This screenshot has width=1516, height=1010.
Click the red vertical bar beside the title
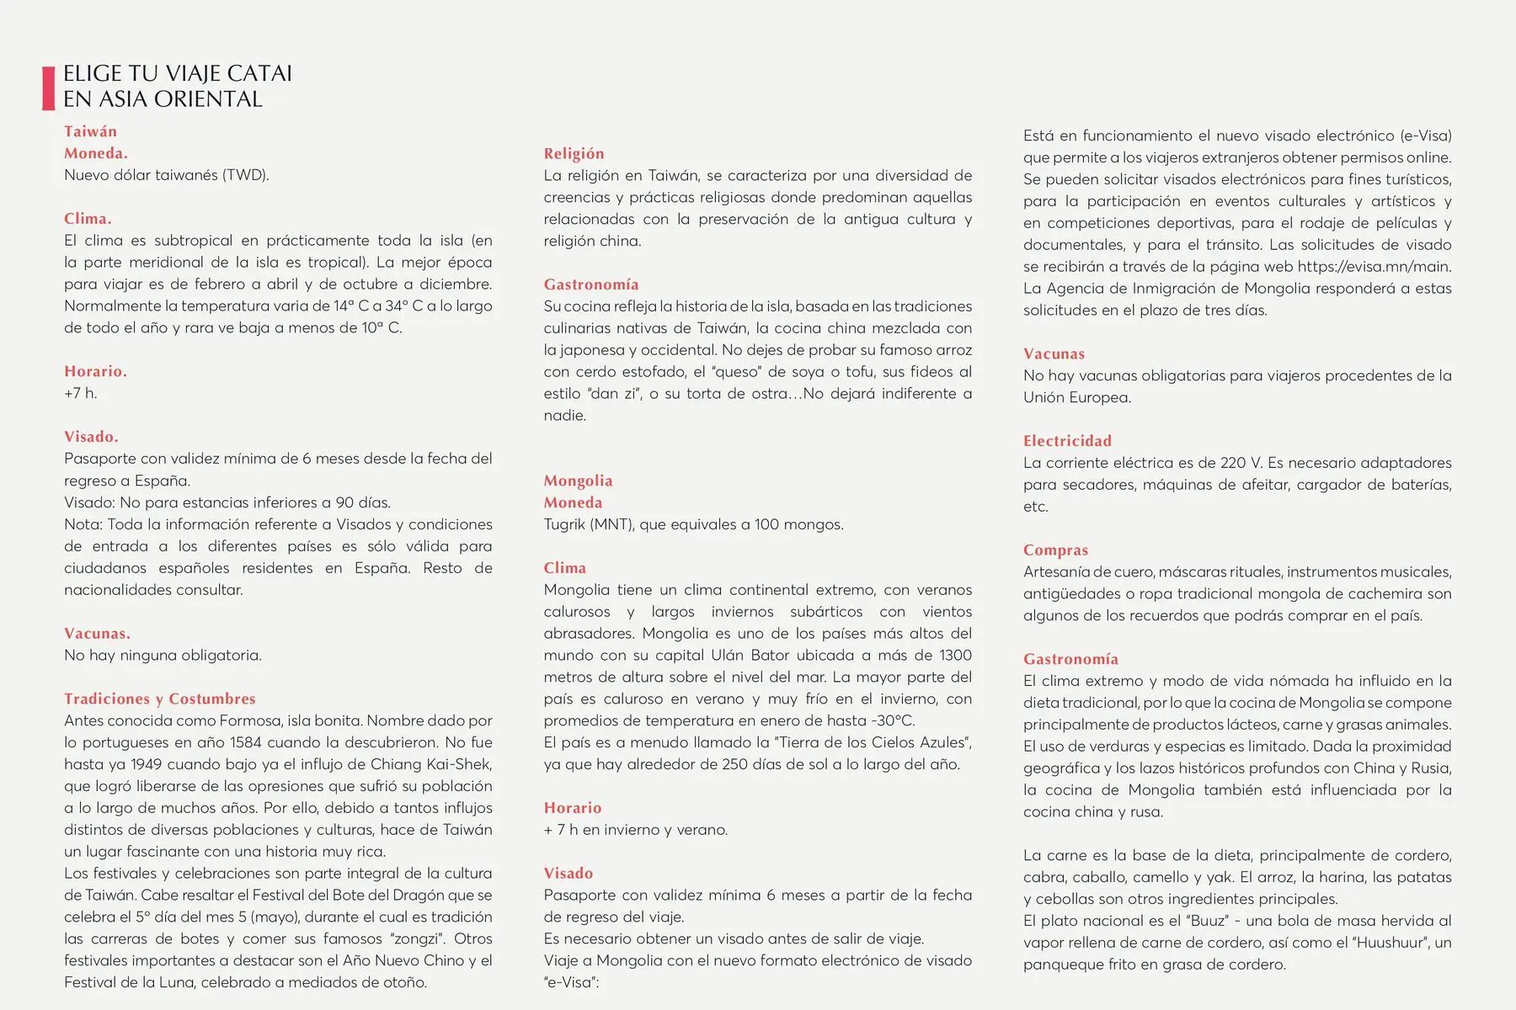[48, 88]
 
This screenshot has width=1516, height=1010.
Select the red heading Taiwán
[90, 131]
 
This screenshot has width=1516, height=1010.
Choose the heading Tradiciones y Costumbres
[159, 699]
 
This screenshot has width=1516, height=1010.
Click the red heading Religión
[574, 153]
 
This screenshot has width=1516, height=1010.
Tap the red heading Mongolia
[578, 481]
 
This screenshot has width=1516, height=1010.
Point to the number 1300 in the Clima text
[955, 655]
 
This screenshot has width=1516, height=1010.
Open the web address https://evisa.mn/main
[1374, 267]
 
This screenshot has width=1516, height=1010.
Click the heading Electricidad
[1067, 441]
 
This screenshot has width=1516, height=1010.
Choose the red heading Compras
[1055, 550]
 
